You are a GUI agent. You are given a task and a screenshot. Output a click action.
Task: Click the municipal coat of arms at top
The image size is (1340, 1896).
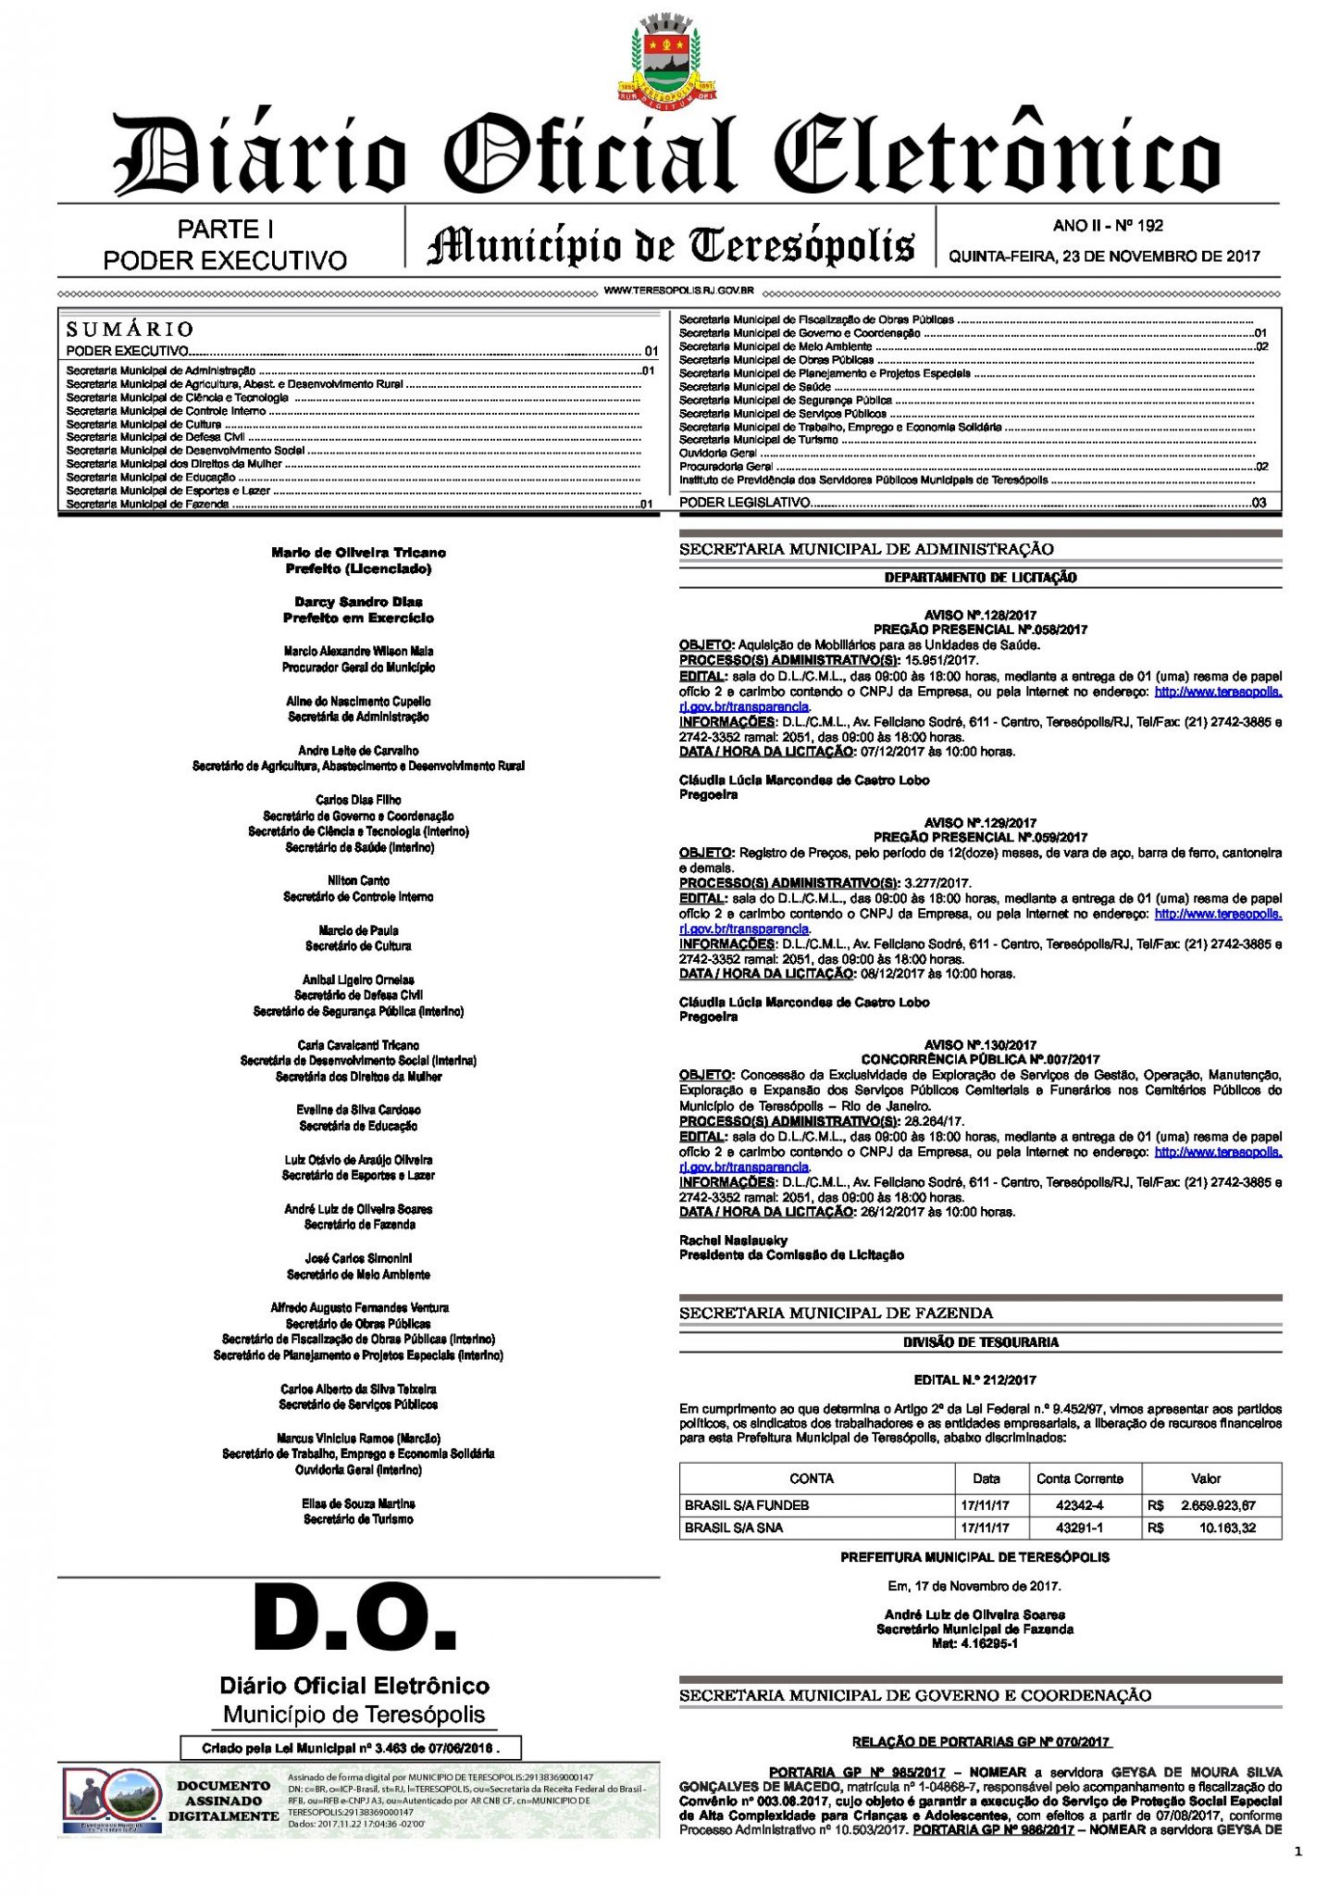pos(667,58)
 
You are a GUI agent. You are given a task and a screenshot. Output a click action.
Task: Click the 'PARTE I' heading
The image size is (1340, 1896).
pos(225,229)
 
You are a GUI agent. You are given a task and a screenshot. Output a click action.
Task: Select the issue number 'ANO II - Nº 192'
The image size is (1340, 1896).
pos(1108,225)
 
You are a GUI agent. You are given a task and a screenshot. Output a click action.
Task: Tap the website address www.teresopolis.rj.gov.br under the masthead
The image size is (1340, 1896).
pos(678,291)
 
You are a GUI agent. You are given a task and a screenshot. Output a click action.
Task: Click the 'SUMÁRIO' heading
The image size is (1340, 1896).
pos(130,329)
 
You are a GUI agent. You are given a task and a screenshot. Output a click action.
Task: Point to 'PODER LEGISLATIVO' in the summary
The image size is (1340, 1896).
pos(744,502)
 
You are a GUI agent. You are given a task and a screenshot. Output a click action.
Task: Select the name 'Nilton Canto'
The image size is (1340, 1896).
pos(358,880)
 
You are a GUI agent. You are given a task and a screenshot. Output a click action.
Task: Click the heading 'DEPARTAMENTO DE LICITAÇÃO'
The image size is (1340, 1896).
pos(980,578)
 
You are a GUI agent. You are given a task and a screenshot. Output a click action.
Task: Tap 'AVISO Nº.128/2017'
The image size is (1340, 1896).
pos(980,615)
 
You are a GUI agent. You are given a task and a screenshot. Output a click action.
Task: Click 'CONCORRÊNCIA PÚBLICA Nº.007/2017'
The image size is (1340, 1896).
pos(980,1059)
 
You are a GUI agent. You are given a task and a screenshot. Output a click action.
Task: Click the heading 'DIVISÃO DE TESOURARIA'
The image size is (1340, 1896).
pos(980,1342)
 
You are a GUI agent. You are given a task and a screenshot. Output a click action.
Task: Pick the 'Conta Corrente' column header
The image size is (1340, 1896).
pos(1079,1478)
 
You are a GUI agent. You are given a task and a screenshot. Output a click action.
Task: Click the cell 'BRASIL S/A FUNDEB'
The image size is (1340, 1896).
pos(746,1505)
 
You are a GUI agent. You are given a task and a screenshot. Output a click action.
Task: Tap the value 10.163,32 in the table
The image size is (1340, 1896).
pos(1227,1528)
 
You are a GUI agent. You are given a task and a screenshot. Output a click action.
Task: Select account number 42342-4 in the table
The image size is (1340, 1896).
pos(1079,1505)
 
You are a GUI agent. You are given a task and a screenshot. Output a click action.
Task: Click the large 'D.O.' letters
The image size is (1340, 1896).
pos(356,1621)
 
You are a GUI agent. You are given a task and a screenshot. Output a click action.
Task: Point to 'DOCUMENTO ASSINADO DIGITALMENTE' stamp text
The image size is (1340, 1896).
pos(223,1801)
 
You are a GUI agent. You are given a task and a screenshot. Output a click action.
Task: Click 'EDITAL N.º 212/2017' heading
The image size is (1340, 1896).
pos(974,1379)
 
